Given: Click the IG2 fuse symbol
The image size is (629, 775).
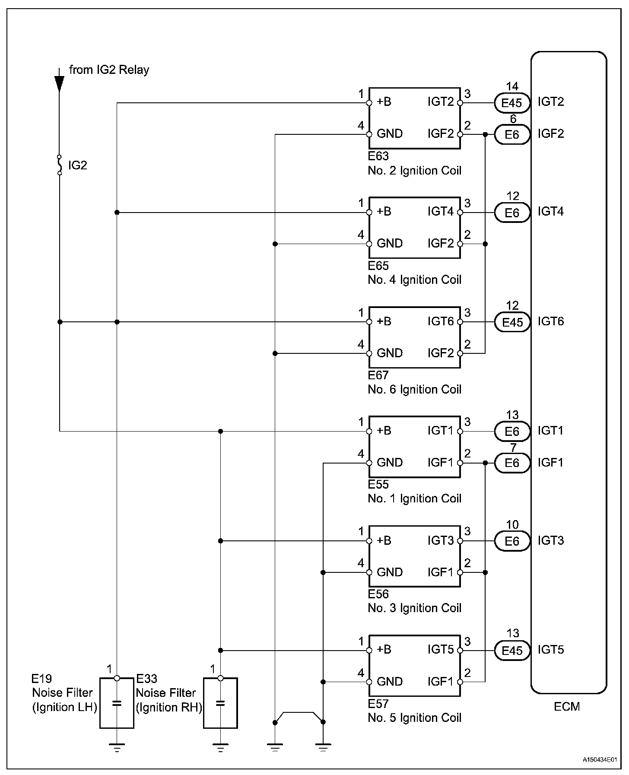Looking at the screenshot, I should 60,165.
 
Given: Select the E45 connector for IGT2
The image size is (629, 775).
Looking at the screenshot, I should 512,103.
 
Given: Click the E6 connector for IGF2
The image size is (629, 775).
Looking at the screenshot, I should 512,135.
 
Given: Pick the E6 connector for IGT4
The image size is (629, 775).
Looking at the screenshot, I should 512,213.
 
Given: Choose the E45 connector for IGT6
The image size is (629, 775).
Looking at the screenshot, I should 512,322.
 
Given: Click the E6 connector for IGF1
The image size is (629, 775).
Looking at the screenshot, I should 512,463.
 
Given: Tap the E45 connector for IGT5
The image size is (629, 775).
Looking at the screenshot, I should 512,651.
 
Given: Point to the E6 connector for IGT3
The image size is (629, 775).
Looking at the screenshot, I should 512,541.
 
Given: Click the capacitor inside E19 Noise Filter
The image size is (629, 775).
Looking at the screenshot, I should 117,703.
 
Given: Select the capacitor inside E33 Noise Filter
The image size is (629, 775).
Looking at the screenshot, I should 220,703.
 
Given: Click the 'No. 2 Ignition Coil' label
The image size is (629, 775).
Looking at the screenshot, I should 414,171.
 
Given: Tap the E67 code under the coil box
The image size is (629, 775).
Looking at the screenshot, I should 378,375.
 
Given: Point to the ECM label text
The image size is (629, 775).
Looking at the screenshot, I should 567,707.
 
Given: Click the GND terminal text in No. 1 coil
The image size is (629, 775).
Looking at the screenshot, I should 390,463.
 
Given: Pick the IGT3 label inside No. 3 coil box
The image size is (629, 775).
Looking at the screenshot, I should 441,540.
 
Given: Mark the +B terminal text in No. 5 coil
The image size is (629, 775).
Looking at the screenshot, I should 384,650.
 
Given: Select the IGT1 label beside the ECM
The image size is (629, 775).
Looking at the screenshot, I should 551,431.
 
